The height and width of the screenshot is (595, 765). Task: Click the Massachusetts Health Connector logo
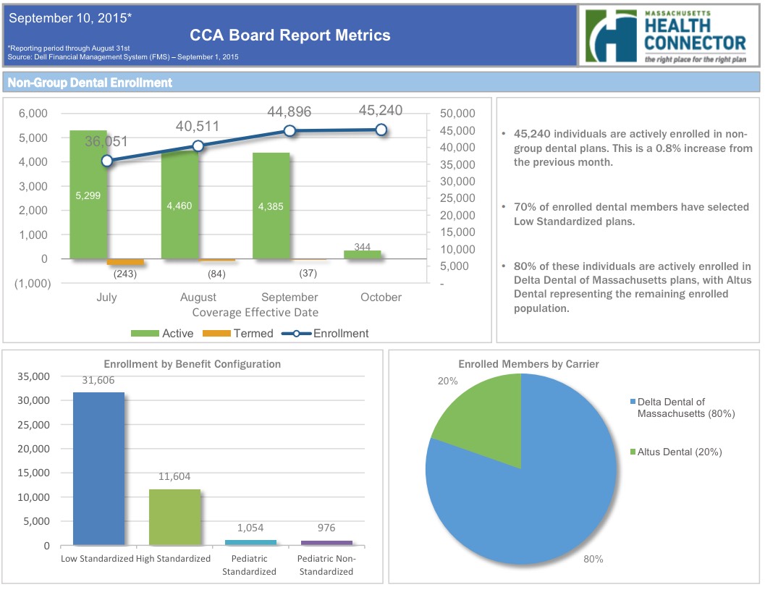tap(666, 35)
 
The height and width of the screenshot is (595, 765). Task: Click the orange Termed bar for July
tap(125, 262)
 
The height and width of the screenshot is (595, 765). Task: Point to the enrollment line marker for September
tap(289, 131)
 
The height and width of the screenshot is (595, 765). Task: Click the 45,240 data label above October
tap(381, 111)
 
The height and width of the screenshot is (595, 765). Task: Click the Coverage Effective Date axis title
tap(255, 313)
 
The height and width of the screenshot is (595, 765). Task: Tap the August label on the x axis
tap(198, 297)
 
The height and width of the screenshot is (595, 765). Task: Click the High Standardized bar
tap(174, 517)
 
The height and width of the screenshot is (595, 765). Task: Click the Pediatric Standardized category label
tap(250, 565)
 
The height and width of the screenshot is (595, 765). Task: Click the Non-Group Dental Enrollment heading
tap(90, 83)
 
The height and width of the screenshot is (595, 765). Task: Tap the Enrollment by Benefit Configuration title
tap(192, 364)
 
